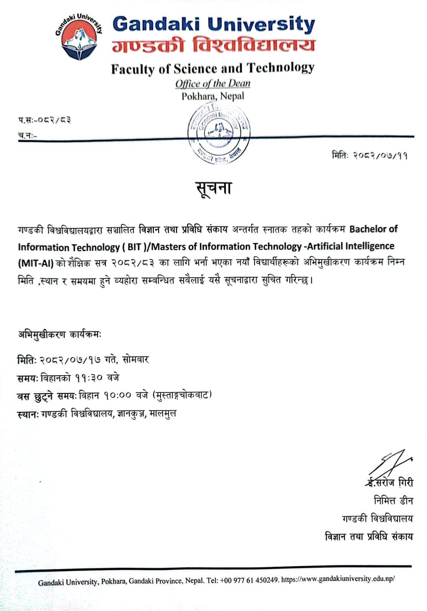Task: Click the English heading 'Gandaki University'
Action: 213,24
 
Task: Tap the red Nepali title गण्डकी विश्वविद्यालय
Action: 213,45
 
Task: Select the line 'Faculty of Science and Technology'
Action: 213,68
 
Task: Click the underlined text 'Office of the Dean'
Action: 213,83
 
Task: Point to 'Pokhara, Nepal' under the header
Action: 213,96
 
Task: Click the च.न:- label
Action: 28,135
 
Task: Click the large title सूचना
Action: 213,188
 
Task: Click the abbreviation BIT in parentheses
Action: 134,247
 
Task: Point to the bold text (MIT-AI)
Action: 36,263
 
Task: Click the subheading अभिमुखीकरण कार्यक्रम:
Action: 60,334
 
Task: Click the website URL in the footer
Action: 338,579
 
